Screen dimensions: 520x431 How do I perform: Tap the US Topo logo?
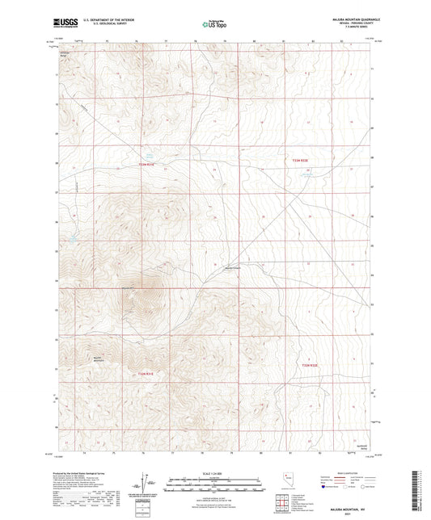click(213, 25)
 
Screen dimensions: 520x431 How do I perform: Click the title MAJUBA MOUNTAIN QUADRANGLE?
click(349, 18)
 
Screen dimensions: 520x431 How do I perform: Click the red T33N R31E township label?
click(146, 164)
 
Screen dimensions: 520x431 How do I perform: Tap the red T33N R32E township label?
click(299, 161)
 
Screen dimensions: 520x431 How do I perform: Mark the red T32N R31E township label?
click(145, 373)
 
